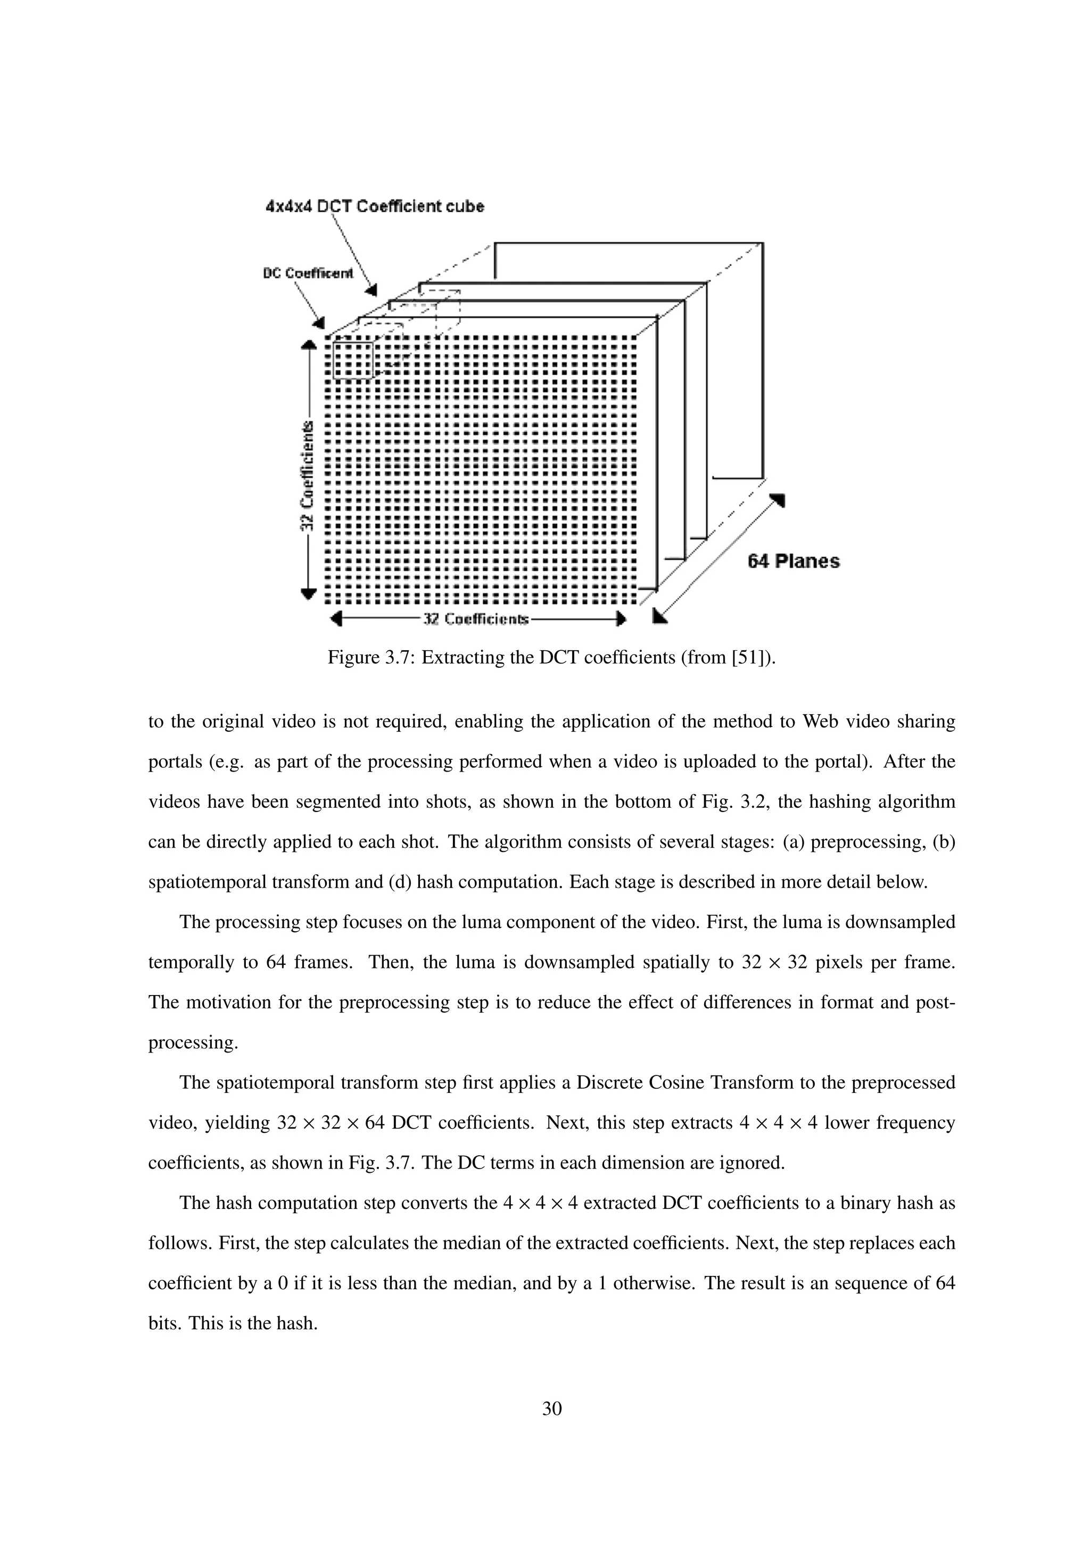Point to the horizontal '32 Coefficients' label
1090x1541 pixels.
[475, 619]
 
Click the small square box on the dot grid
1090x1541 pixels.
[352, 360]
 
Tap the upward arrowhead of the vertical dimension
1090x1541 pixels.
[308, 345]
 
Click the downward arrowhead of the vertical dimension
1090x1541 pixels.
[308, 593]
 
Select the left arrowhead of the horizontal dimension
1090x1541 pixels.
[337, 619]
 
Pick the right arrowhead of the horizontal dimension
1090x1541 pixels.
[622, 619]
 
